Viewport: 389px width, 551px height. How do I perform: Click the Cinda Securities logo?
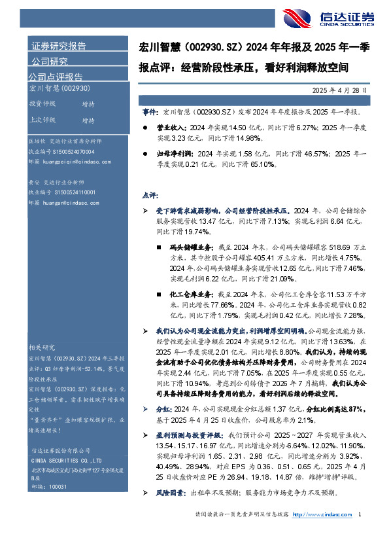pyautogui.click(x=333, y=18)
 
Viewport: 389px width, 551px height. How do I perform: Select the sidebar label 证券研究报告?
pyautogui.click(x=59, y=46)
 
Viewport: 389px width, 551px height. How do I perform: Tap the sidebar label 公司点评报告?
pyautogui.click(x=57, y=77)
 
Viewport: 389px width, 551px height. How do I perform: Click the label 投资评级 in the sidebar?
pyautogui.click(x=42, y=104)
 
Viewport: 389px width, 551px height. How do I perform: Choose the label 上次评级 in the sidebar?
pyautogui.click(x=42, y=120)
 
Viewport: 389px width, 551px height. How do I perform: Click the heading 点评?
pyautogui.click(x=150, y=196)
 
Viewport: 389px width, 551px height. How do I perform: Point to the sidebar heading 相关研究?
pyautogui.click(x=42, y=347)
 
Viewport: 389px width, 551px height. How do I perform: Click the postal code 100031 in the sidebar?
pyautogui.click(x=58, y=469)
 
